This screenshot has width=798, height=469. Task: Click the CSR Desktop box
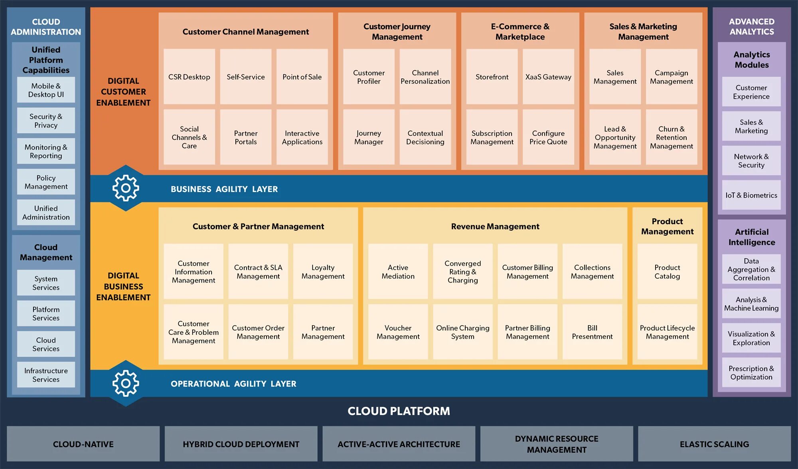[x=189, y=77]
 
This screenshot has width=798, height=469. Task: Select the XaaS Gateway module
[x=548, y=77]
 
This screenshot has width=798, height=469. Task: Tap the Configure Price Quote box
[x=548, y=137]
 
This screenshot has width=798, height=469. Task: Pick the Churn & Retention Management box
[x=671, y=137]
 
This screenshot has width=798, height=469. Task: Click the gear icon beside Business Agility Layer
[x=126, y=188]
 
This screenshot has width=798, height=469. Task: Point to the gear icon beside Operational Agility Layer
[x=126, y=383]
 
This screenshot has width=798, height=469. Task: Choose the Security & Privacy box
[x=46, y=121]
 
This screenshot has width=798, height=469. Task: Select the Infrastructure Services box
[x=46, y=375]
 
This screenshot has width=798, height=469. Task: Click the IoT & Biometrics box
[x=751, y=195]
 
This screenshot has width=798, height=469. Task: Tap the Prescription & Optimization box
[x=751, y=372]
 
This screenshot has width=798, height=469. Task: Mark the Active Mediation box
[x=398, y=271]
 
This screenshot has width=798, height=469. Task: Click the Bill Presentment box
[x=592, y=332]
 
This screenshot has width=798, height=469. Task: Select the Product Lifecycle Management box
[x=667, y=332]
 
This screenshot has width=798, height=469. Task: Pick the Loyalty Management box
[x=323, y=271]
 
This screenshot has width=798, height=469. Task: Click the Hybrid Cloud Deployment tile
[x=241, y=444]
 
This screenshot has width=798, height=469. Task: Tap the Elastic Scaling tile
[x=714, y=444]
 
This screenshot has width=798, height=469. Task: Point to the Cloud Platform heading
[x=399, y=411]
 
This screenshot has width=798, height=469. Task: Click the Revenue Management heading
[x=495, y=226]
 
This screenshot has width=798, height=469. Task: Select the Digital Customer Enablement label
[x=123, y=92]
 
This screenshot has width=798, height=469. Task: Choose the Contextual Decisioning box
[x=425, y=137]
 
